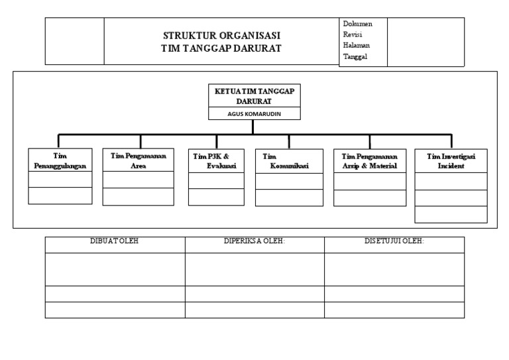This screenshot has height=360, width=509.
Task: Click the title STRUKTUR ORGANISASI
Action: click(221, 35)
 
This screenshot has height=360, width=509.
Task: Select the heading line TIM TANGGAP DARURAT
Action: click(221, 48)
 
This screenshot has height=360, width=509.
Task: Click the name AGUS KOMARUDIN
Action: click(254, 113)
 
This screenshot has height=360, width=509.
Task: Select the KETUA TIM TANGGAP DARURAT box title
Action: click(254, 96)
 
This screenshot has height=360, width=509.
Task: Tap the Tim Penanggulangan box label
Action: click(60, 160)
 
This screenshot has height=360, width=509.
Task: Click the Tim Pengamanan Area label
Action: click(139, 160)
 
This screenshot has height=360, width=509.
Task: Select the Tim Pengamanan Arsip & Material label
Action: click(369, 161)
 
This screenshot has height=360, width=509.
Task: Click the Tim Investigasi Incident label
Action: click(451, 161)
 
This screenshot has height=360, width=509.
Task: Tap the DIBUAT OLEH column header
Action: click(114, 241)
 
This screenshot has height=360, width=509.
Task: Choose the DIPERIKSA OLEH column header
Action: click(254, 241)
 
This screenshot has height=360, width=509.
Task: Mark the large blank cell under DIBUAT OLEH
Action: click(115, 269)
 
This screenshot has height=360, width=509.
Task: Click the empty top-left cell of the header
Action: click(75, 41)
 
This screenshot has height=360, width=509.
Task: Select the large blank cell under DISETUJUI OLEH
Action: click(394, 269)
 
